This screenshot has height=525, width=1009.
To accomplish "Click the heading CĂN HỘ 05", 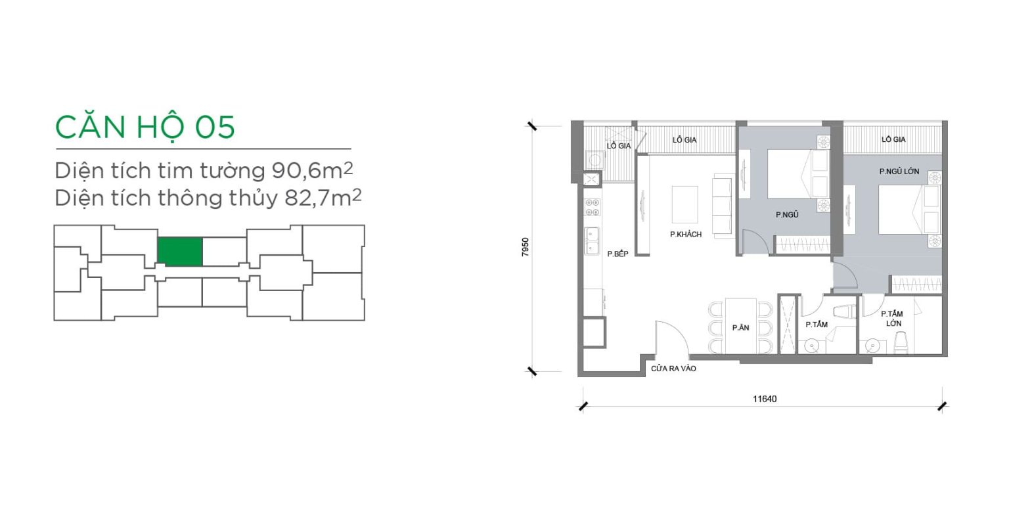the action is [145, 127].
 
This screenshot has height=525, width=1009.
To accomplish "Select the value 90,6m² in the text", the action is [312, 170].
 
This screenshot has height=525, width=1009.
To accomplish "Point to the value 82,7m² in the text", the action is [323, 197].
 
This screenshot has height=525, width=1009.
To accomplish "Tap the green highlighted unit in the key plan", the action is [180, 252].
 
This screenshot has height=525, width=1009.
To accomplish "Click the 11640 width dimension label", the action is [765, 399].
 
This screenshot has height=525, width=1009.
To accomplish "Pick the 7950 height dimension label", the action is [526, 248].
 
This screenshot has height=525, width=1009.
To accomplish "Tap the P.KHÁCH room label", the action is [686, 235].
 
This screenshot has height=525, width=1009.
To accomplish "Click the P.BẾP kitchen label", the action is [617, 254].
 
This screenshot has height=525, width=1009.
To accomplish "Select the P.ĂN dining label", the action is [740, 328].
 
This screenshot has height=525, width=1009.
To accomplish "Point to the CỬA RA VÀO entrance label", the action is [673, 369].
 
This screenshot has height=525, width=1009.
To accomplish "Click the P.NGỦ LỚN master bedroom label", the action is [899, 171].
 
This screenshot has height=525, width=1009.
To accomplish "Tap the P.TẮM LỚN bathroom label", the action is [892, 318].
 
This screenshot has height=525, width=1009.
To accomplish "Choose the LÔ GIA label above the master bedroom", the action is [893, 140].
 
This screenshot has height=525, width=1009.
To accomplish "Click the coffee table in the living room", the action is [684, 204].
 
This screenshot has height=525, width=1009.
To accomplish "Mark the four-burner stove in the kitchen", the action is [592, 208].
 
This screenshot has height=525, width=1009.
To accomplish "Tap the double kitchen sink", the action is [591, 241].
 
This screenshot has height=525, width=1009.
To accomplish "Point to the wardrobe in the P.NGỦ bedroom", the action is [802, 244].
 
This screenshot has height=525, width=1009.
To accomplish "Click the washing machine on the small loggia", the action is [594, 160].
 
